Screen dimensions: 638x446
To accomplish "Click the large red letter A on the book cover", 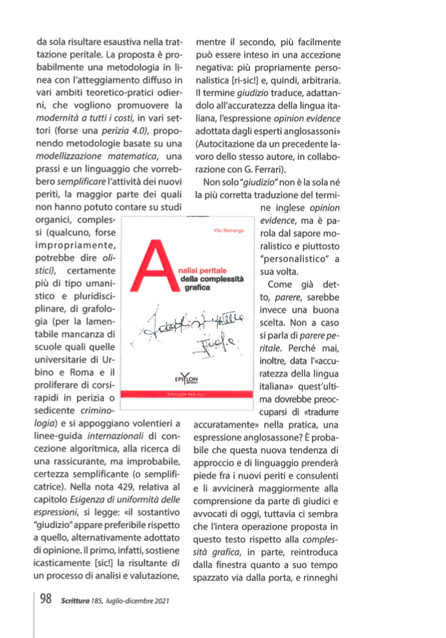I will (152, 266).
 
